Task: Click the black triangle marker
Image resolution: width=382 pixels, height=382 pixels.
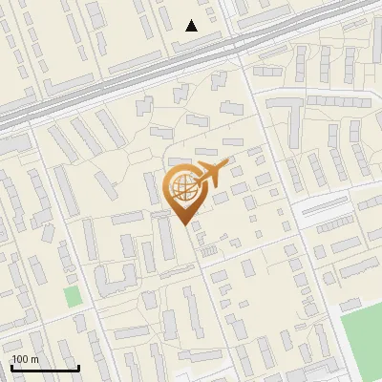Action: (x=192, y=26)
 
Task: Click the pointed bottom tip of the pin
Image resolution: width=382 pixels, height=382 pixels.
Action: (x=183, y=224)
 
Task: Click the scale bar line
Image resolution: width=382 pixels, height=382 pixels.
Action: (x=44, y=368)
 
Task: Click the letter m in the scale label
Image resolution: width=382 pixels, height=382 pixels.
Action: (x=33, y=359)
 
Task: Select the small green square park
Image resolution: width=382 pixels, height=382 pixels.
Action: (x=73, y=296)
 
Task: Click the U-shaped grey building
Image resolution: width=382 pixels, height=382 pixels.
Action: (x=114, y=280)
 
